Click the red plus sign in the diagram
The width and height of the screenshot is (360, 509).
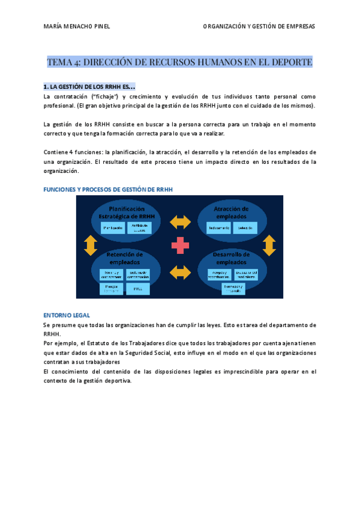(x=180, y=245)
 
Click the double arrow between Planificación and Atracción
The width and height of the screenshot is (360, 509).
(x=180, y=222)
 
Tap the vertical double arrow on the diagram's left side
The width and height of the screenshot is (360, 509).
(x=91, y=245)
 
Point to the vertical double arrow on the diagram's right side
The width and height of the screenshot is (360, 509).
(x=269, y=245)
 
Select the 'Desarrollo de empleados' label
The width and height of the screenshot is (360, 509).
(x=231, y=258)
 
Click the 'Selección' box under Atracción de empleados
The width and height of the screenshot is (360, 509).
(x=245, y=229)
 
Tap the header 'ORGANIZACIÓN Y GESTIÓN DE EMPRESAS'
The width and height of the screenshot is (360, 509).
(x=259, y=26)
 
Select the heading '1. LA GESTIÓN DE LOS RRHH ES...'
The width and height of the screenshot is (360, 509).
(x=89, y=86)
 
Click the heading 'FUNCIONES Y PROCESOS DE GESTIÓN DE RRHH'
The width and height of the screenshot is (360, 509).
(x=108, y=190)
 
